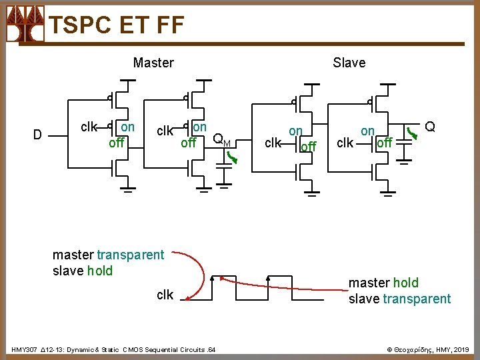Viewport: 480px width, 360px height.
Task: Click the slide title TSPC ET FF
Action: click(x=117, y=25)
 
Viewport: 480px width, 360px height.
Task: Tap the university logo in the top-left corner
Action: click(x=25, y=24)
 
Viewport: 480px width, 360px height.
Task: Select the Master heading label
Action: click(x=153, y=63)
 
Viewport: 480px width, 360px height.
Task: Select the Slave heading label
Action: click(x=349, y=63)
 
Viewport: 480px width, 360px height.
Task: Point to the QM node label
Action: click(x=221, y=140)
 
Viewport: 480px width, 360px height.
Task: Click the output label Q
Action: click(x=430, y=127)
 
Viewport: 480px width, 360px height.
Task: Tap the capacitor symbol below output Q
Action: click(x=402, y=152)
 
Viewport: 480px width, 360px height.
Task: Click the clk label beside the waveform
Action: click(x=165, y=295)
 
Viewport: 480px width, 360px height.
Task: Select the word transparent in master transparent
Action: click(x=130, y=255)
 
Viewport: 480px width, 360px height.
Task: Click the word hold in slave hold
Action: click(x=99, y=271)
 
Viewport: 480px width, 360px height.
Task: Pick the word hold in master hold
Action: click(x=405, y=283)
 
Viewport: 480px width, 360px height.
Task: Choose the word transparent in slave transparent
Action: click(x=417, y=299)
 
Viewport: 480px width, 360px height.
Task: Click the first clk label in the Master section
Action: click(x=89, y=127)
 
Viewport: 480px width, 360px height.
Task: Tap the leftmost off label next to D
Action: click(x=117, y=142)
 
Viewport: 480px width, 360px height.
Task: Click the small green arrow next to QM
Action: click(x=231, y=157)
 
